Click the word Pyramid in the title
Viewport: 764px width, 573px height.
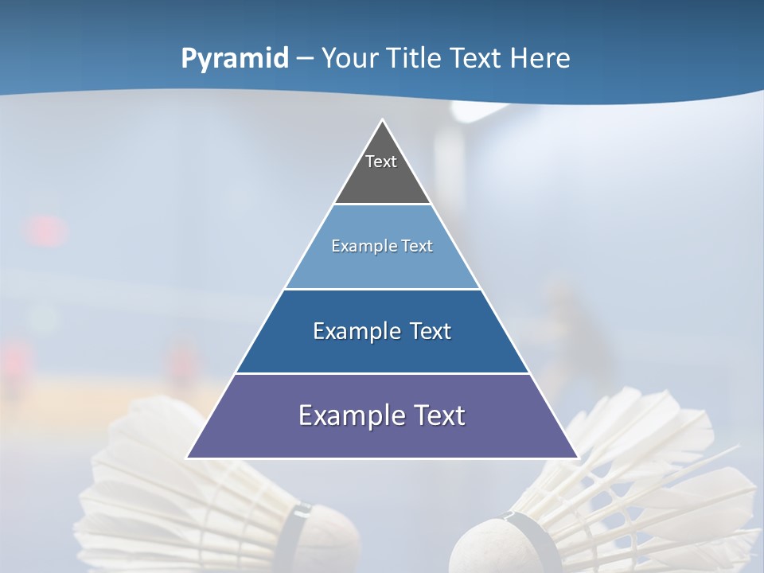[234, 59]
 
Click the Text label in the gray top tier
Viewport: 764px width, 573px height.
[381, 162]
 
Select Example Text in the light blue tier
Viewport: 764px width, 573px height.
[382, 246]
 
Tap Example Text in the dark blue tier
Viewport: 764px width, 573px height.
[382, 331]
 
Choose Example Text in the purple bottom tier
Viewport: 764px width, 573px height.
[382, 415]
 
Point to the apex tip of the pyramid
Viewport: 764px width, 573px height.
[382, 120]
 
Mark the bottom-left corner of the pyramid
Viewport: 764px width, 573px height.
[187, 458]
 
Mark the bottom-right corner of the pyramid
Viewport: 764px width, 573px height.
[578, 458]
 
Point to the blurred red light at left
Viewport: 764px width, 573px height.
[45, 231]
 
